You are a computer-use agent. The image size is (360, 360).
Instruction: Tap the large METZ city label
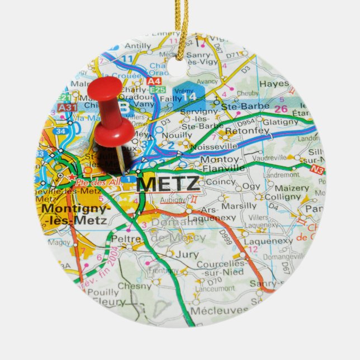pos(167,183)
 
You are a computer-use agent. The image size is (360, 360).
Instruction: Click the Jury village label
pos(186,254)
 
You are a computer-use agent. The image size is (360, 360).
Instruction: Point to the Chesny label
pos(134,285)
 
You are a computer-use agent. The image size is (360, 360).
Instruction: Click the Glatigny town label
pos(280,122)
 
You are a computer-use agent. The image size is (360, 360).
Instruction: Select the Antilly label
pos(138,46)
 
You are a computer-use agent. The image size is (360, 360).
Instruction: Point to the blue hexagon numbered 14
pos(193,95)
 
